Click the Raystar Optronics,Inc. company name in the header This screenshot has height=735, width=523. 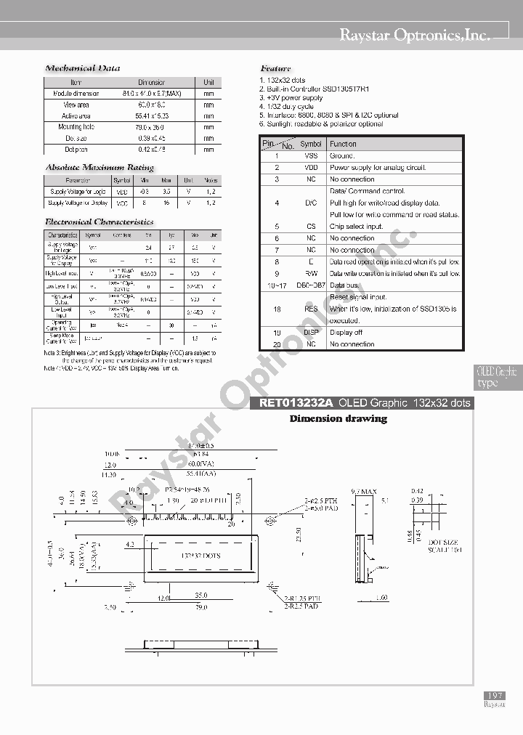(415, 34)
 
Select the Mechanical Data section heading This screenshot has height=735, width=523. (83, 68)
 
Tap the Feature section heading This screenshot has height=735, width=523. (275, 68)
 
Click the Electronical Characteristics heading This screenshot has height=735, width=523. (100, 222)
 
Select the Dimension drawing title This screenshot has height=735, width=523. (338, 418)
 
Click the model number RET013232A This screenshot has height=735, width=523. (291, 403)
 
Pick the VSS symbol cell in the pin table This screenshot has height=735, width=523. (311, 155)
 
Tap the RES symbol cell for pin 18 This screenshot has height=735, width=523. (311, 309)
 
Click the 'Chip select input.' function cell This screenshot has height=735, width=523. (356, 227)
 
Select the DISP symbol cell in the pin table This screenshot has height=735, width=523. (311, 333)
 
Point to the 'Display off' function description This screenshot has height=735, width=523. (346, 333)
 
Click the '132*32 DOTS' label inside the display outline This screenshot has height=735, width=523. (200, 556)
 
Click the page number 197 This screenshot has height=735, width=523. (494, 696)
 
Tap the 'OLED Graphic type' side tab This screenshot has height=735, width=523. (498, 377)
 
